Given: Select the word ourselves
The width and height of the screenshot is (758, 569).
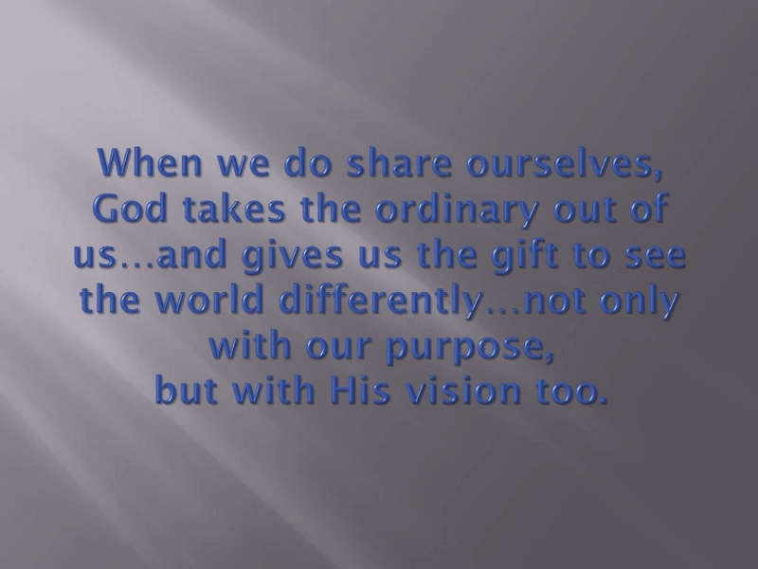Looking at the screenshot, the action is pyautogui.click(x=563, y=162).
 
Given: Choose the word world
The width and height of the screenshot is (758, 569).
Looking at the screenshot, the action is pyautogui.click(x=209, y=300).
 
